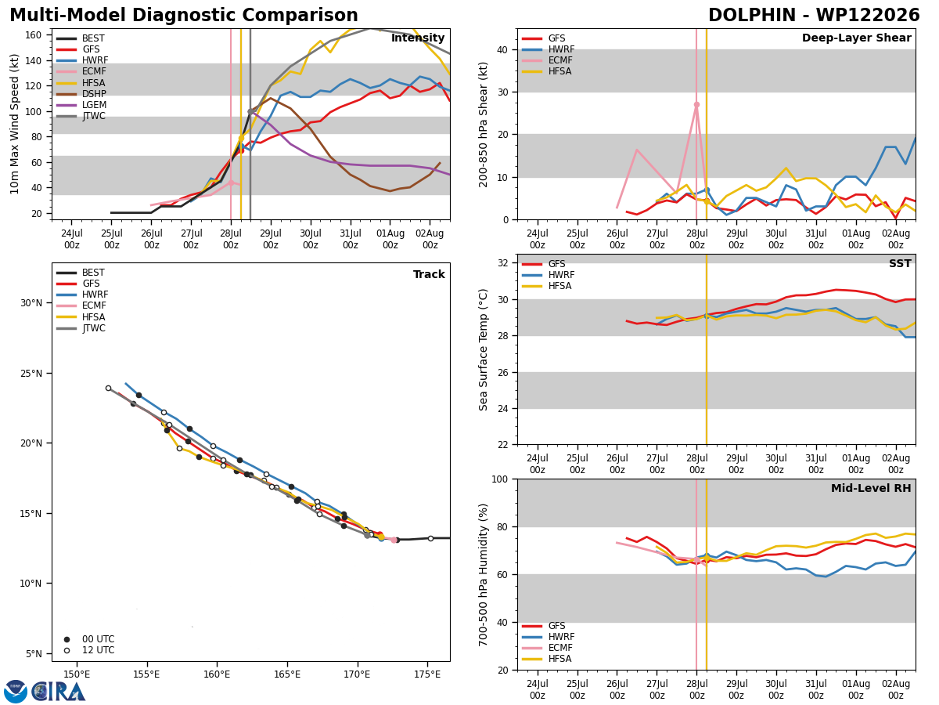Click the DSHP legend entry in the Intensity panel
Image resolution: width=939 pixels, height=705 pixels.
click(x=81, y=94)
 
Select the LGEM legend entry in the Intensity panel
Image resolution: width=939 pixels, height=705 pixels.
click(x=81, y=105)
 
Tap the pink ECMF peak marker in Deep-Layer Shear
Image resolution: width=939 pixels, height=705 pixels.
click(x=696, y=104)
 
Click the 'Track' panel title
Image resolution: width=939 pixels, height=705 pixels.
click(x=429, y=274)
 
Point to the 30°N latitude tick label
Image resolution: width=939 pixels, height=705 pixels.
click(x=31, y=303)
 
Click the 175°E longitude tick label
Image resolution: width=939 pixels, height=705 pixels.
click(x=427, y=674)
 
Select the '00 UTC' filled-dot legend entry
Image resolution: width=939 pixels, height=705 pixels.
click(x=89, y=639)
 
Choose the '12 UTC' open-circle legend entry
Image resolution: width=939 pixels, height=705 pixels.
click(x=89, y=650)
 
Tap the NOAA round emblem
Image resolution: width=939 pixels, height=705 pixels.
click(x=16, y=692)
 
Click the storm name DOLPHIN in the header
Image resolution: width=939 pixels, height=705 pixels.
click(x=754, y=15)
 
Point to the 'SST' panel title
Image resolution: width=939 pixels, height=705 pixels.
click(x=900, y=263)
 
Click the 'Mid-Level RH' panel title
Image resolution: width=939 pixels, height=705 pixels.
click(x=871, y=488)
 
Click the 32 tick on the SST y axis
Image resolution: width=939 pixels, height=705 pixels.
click(x=502, y=263)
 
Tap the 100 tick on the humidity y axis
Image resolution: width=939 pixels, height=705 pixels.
click(x=500, y=479)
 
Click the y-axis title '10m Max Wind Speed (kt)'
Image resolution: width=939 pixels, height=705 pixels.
click(x=14, y=124)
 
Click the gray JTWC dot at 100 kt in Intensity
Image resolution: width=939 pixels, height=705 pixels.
click(x=250, y=112)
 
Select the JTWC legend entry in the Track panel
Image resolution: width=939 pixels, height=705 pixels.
click(x=81, y=328)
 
